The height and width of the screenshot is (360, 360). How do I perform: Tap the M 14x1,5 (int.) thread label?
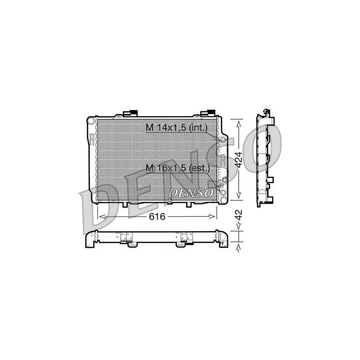[176, 128]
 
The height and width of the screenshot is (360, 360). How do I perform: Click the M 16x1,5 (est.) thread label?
[178, 169]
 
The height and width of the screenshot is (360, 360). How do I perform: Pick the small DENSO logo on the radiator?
[191, 192]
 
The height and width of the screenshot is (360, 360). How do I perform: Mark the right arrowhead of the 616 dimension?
[214, 216]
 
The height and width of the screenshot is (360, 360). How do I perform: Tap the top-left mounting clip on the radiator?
[132, 113]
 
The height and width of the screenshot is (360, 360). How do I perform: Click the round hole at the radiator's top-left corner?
[91, 120]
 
